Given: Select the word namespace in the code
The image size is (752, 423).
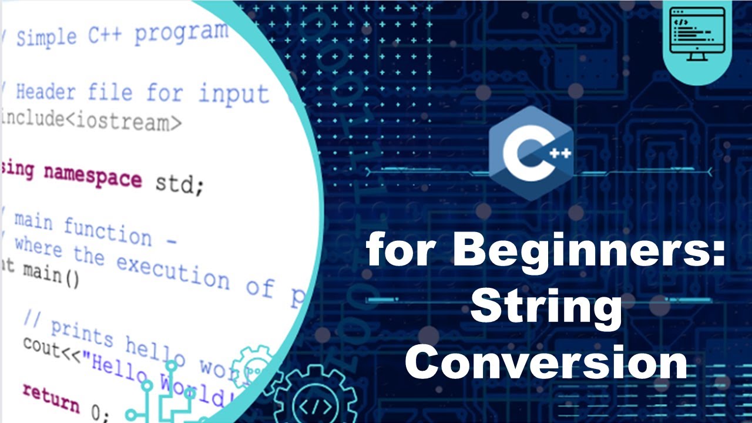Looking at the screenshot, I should coord(93,176).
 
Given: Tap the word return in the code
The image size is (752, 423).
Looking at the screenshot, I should coord(51,398).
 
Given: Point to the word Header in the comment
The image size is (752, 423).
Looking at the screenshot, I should coord(46,92).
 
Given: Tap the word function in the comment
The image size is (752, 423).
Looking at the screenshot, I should coord(108,231).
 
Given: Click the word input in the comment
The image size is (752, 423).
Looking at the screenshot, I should coord(233,93).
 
